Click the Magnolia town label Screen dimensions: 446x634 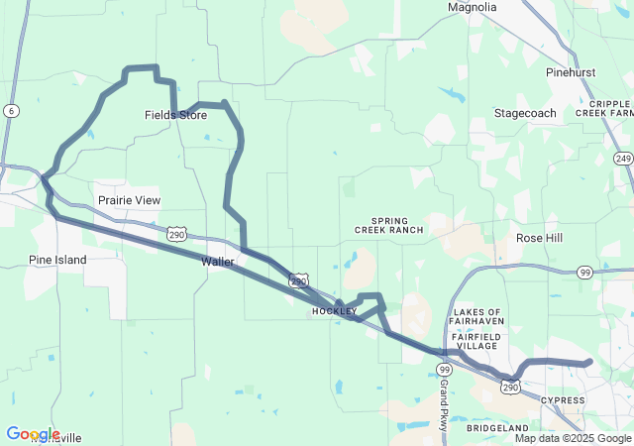(x=472, y=7)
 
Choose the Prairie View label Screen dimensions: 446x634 (x=129, y=200)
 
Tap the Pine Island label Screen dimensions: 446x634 (x=57, y=260)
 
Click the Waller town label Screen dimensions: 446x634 (x=217, y=262)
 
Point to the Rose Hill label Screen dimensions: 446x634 (x=539, y=239)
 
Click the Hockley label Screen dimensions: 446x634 (x=334, y=311)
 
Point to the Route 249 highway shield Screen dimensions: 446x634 (x=623, y=158)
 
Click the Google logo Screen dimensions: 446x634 (x=33, y=434)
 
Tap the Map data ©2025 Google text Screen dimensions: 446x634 (x=573, y=438)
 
